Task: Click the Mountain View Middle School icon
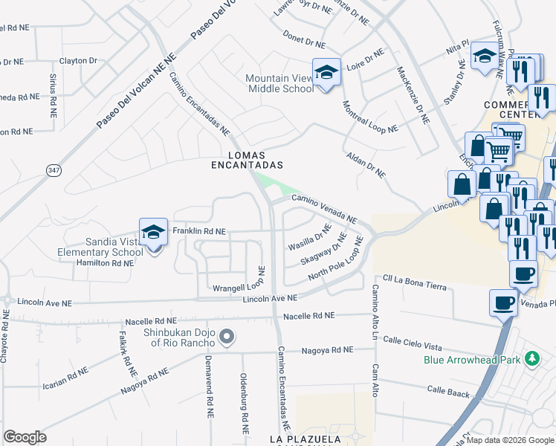[x=326, y=72]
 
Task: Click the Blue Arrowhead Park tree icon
[x=531, y=359]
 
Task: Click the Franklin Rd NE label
[x=198, y=231]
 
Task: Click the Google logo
[x=25, y=437]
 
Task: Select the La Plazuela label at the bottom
[x=304, y=440]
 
